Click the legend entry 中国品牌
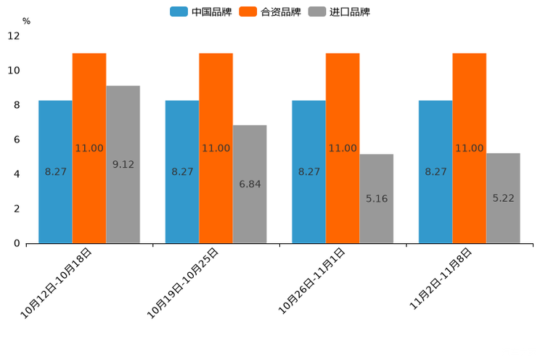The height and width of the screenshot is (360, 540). pos(201,12)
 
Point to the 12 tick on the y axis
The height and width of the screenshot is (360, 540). pos(15,36)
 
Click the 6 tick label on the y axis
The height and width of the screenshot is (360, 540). pos(17,140)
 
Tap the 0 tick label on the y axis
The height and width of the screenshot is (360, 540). pos(17,244)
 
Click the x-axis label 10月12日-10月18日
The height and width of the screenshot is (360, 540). pos(57,283)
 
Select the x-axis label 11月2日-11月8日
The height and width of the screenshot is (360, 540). pos(441,279)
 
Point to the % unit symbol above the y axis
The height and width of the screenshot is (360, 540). pos(26,21)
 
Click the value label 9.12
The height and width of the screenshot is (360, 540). pos(123,165)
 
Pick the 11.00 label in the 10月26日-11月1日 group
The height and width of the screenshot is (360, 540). pos(343,149)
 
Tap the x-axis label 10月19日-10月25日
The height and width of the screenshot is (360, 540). pos(184,283)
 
